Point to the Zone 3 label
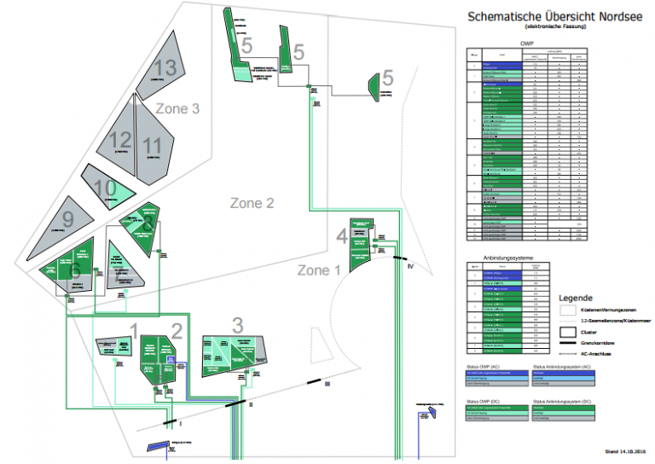pos(177,108)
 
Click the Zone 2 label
pos(252,203)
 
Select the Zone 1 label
pos(318,270)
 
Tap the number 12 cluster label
pos(120,140)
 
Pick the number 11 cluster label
pos(153,146)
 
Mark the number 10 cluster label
pos(105,188)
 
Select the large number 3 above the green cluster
pos(237,324)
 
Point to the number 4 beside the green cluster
pos(341,235)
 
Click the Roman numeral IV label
pos(409,267)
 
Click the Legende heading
pos(576,299)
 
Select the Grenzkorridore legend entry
pos(598,341)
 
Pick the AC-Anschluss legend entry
pos(594,351)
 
